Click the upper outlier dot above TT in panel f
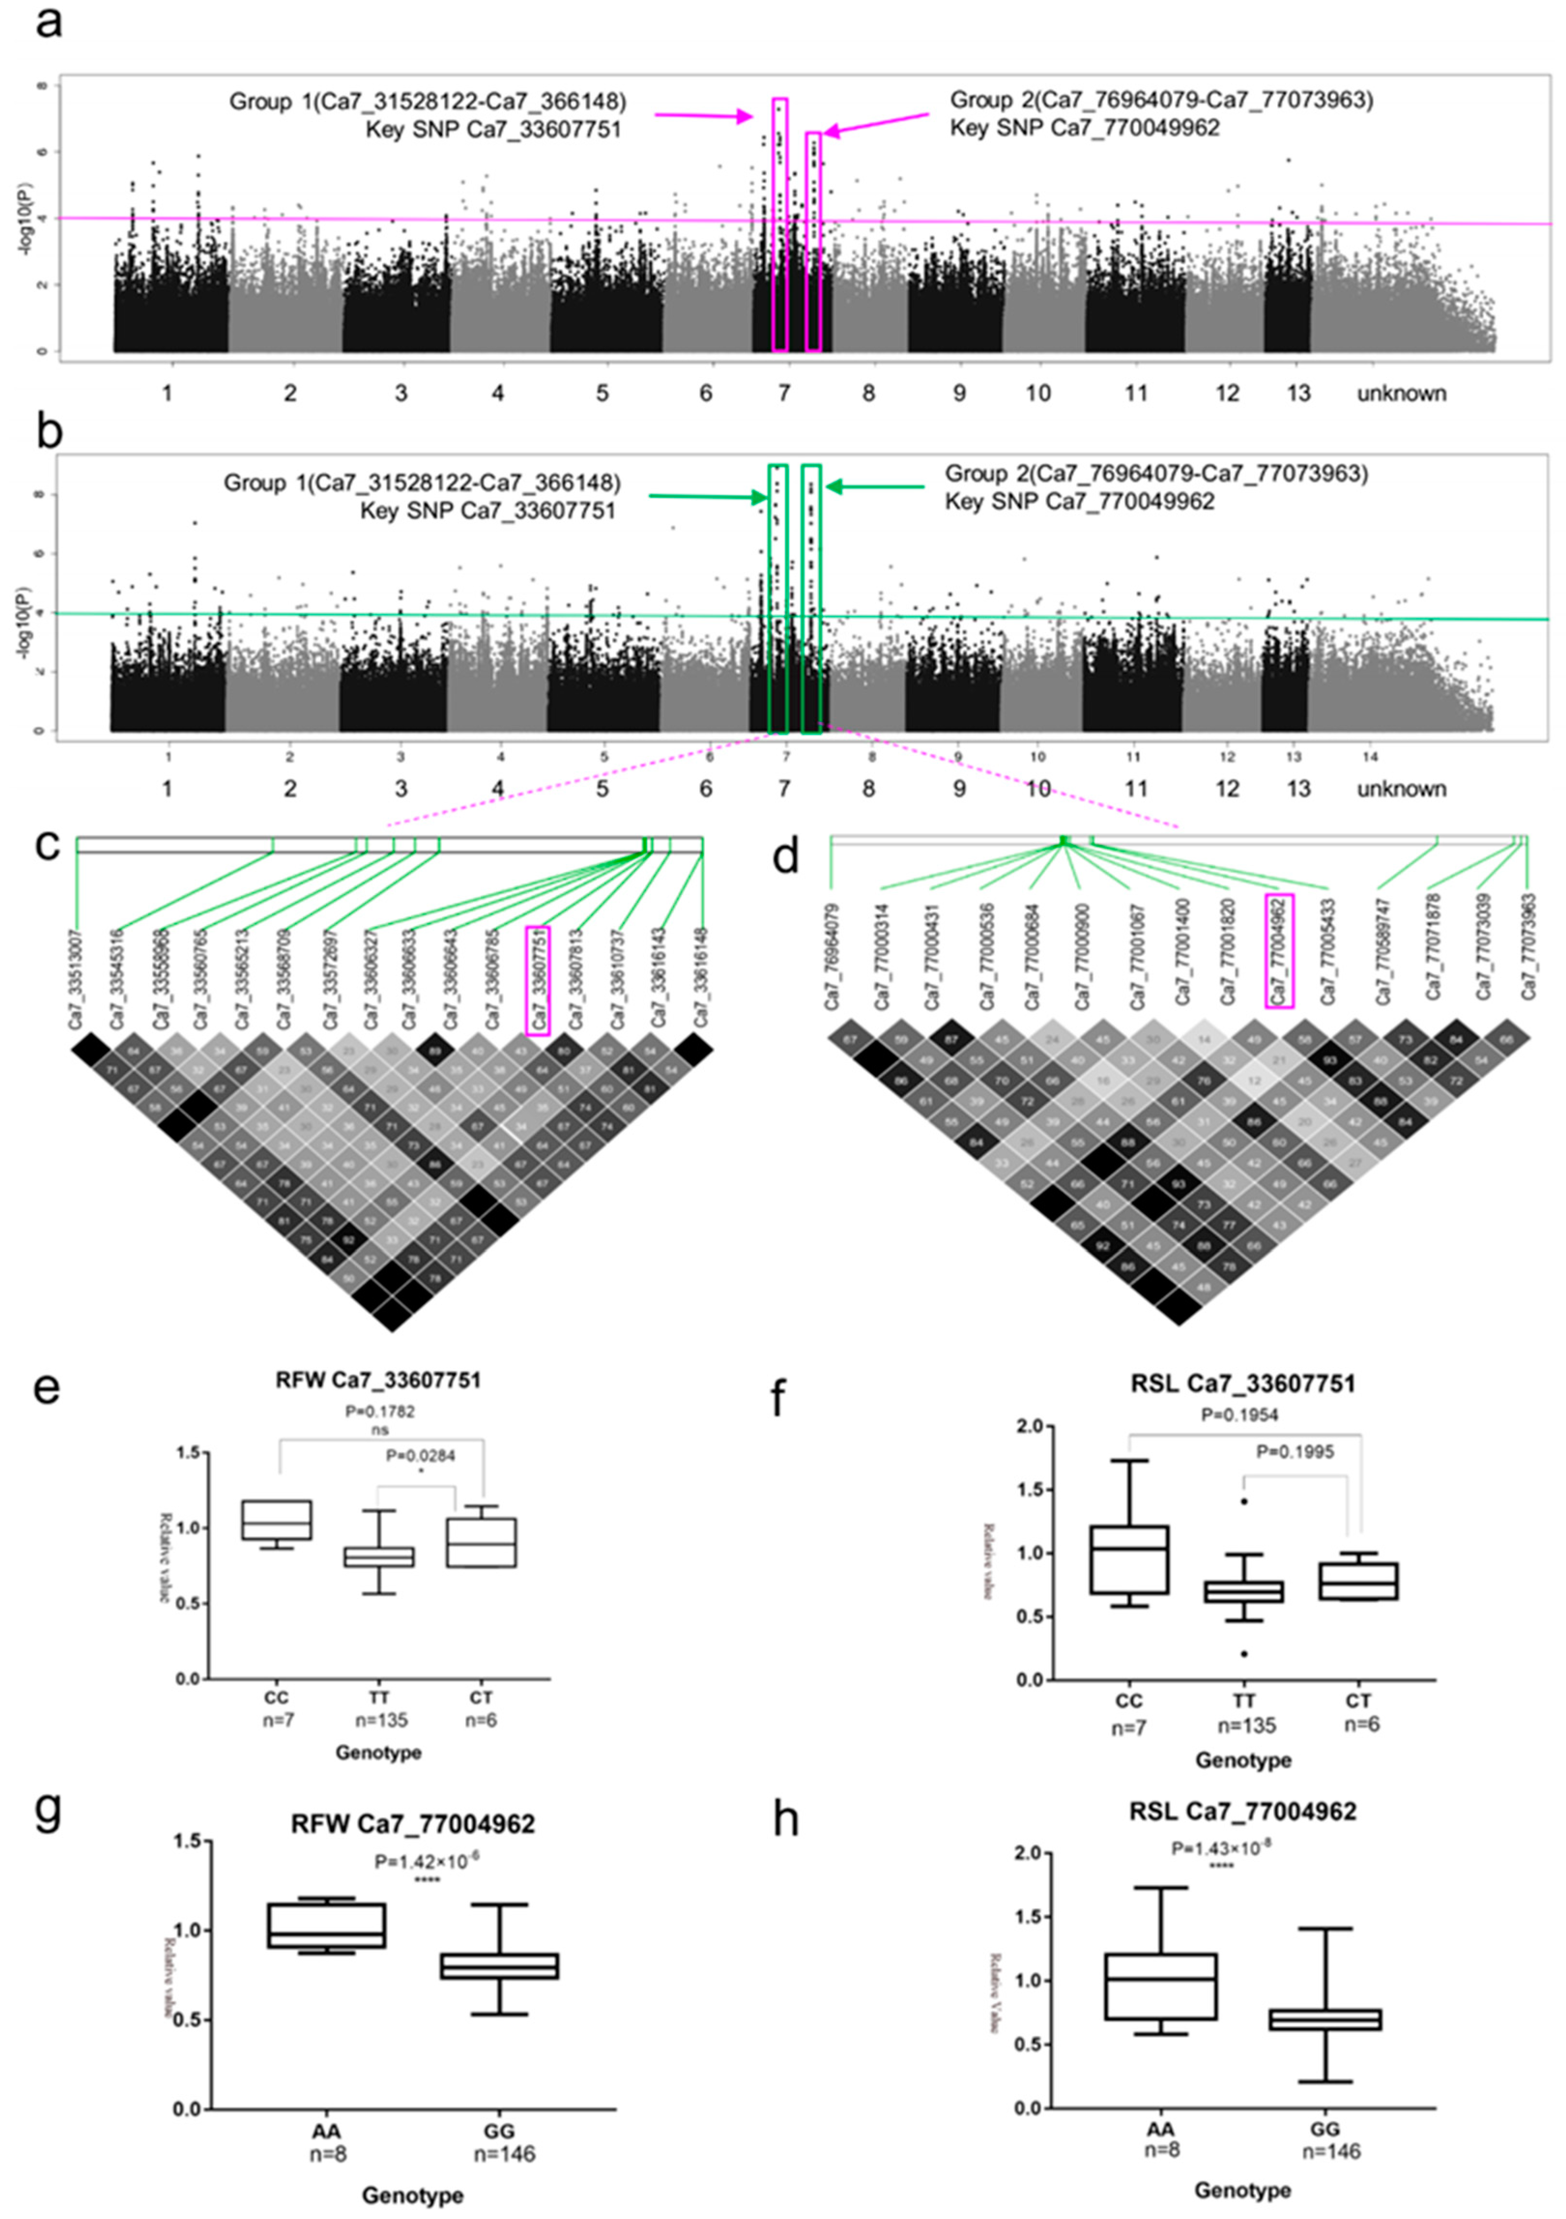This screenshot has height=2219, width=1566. coord(1244,1501)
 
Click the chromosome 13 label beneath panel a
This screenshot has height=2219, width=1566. coord(1298,393)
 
